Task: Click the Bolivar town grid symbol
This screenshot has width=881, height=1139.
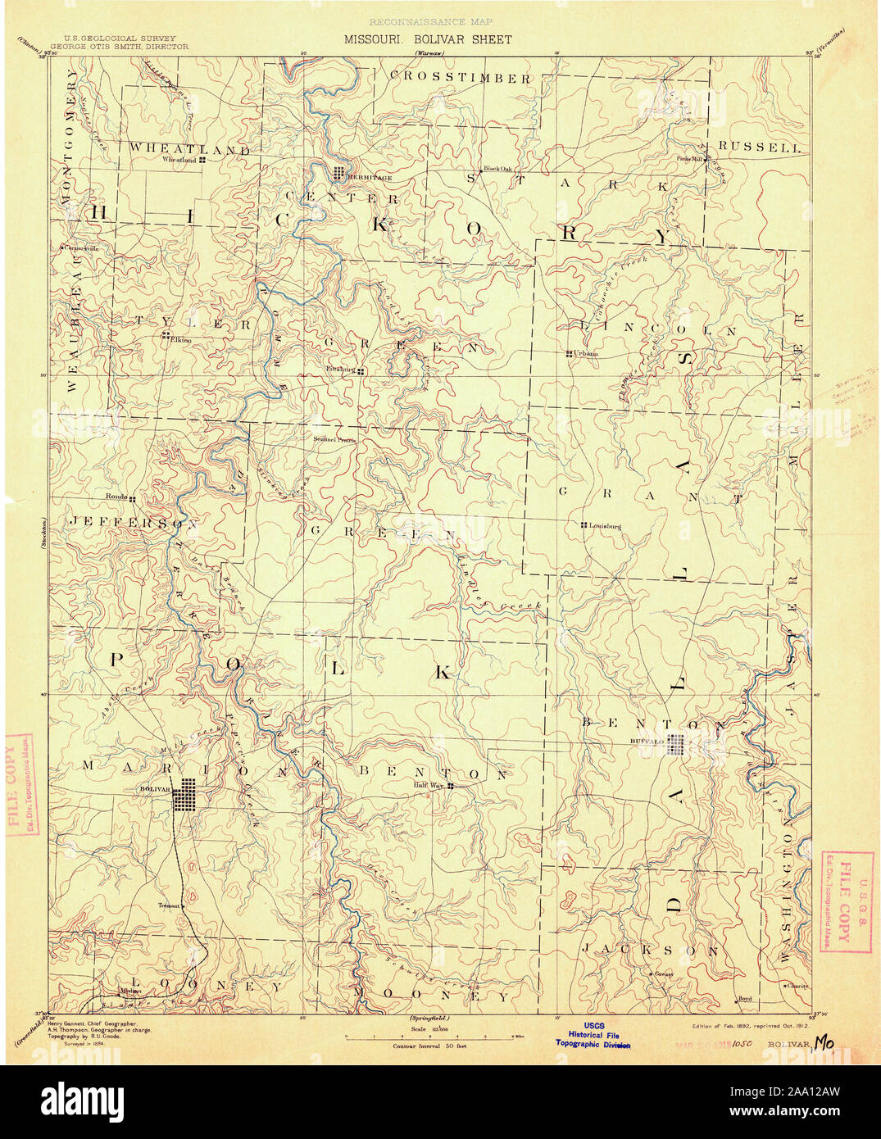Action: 188,794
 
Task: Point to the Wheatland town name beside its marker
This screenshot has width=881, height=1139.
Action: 179,160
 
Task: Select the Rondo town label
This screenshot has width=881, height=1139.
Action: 115,497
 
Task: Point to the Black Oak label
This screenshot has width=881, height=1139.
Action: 497,169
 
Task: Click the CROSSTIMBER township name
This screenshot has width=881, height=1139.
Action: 460,78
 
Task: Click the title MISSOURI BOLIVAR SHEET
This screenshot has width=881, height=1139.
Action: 427,39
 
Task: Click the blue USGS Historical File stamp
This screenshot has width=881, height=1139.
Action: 593,1035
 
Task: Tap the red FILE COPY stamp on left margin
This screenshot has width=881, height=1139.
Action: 18,786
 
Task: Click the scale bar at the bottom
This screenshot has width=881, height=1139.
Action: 429,1036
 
